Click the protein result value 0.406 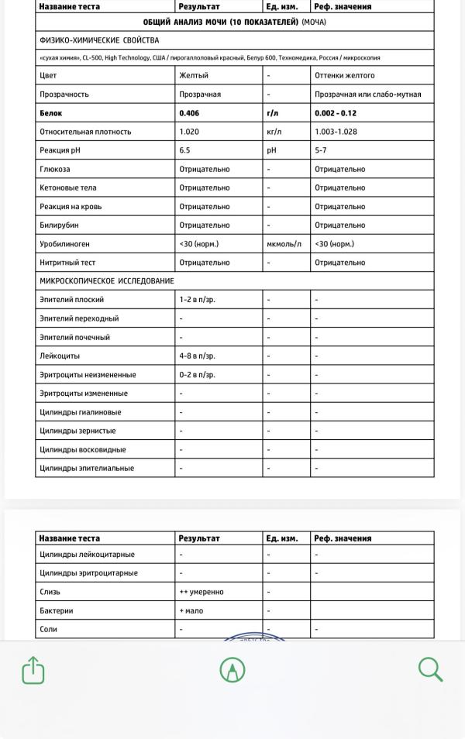189,113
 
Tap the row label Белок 50,113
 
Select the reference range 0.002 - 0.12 336,113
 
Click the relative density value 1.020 189,132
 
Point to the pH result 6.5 185,150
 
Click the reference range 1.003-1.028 336,132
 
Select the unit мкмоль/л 283,244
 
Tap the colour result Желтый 194,76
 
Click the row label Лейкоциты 59,356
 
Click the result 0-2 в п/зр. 198,375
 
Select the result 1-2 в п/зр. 198,300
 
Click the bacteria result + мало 192,610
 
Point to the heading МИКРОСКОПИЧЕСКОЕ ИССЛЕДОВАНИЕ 107,281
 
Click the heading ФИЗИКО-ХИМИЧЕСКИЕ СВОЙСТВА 99,40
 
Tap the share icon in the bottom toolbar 33,670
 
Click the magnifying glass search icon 430,669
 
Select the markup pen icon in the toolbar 232,670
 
